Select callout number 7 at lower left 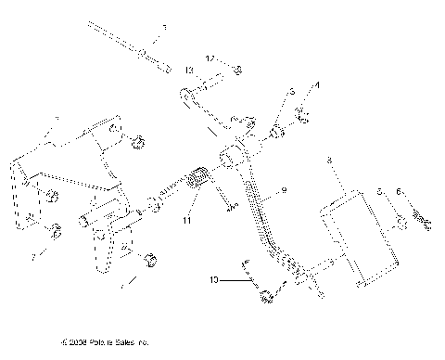34,252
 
